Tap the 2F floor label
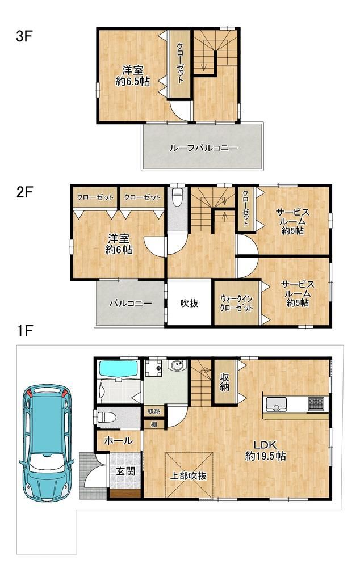click(24, 193)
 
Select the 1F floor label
click(24, 331)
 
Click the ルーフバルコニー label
click(203, 148)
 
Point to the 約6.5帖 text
click(133, 81)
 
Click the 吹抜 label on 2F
click(189, 303)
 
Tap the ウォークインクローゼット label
click(236, 303)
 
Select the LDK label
click(265, 444)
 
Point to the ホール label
click(118, 441)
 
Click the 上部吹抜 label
click(188, 476)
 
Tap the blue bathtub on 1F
click(118, 369)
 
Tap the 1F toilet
click(107, 417)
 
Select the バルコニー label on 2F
click(130, 304)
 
